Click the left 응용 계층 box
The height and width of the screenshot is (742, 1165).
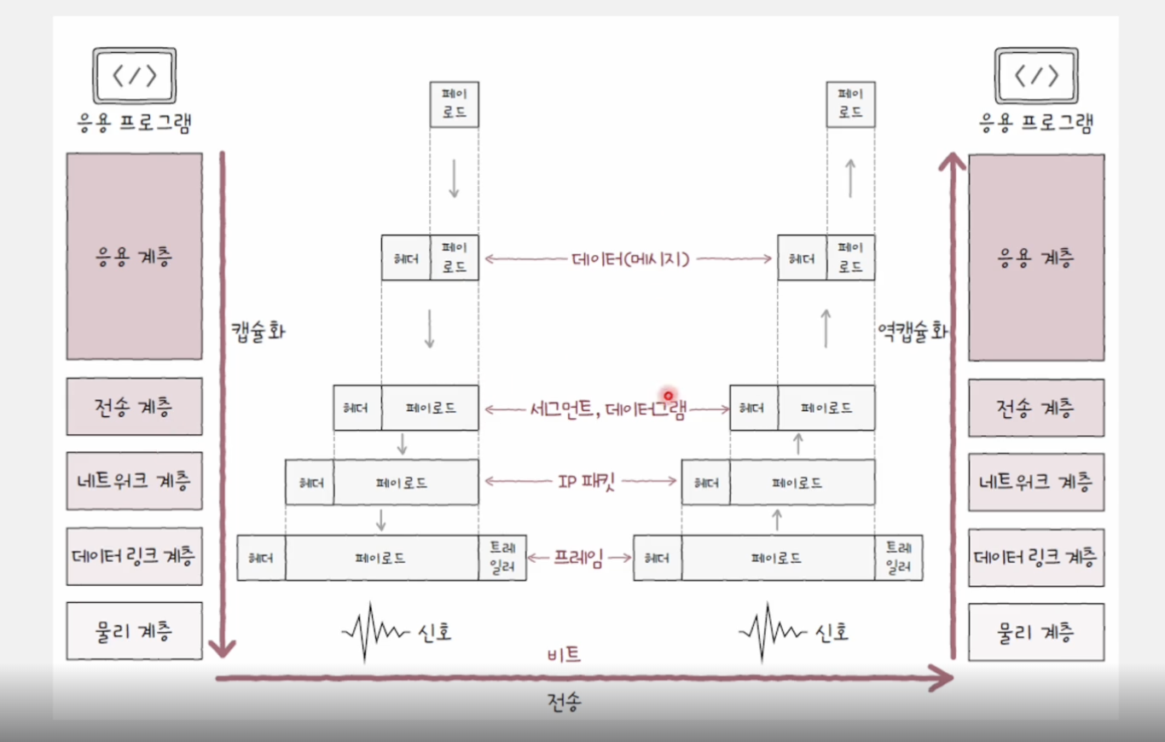point(134,256)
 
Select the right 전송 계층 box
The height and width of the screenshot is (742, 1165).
point(1035,407)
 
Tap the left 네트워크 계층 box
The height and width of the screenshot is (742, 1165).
point(134,481)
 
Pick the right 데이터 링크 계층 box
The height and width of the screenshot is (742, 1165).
point(1035,557)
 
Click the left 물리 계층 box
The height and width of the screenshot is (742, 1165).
point(134,631)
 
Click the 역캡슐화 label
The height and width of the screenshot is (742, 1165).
point(912,331)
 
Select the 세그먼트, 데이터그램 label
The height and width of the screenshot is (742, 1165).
point(607,409)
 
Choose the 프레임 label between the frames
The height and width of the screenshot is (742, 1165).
point(579,559)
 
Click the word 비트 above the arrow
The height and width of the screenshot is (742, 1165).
point(563,655)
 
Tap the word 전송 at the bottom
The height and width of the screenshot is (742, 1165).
point(565,702)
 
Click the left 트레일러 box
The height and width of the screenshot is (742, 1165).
point(503,558)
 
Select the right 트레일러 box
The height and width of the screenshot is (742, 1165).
point(898,558)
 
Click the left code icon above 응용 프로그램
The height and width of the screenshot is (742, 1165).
point(135,76)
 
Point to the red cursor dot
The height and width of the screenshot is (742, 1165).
point(668,396)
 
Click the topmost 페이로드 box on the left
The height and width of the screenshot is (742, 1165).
point(454,104)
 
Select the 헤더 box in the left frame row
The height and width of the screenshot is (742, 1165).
point(261,559)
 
